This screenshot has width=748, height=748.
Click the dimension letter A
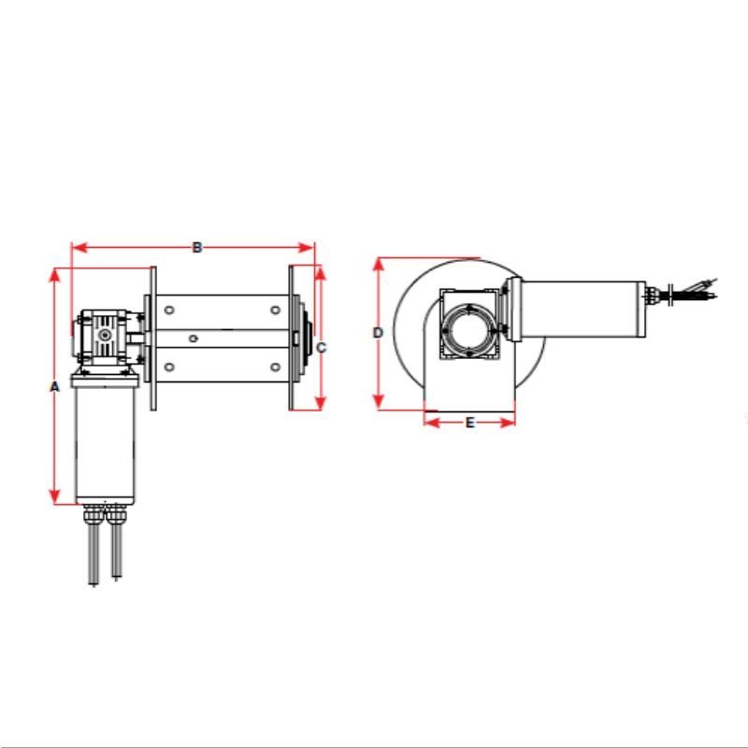(x=54, y=385)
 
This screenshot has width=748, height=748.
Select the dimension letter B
(x=197, y=248)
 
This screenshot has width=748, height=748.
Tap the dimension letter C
(x=321, y=348)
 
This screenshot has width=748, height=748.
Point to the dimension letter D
(x=378, y=333)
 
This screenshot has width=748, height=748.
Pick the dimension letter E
(x=470, y=423)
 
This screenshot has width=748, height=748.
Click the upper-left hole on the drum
(x=169, y=309)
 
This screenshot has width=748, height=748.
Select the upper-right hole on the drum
(x=275, y=309)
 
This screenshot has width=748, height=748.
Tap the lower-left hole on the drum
(x=169, y=366)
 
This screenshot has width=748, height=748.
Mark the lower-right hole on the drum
(x=275, y=366)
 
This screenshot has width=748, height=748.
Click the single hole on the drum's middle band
(x=192, y=338)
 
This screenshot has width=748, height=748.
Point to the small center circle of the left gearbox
(x=106, y=334)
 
